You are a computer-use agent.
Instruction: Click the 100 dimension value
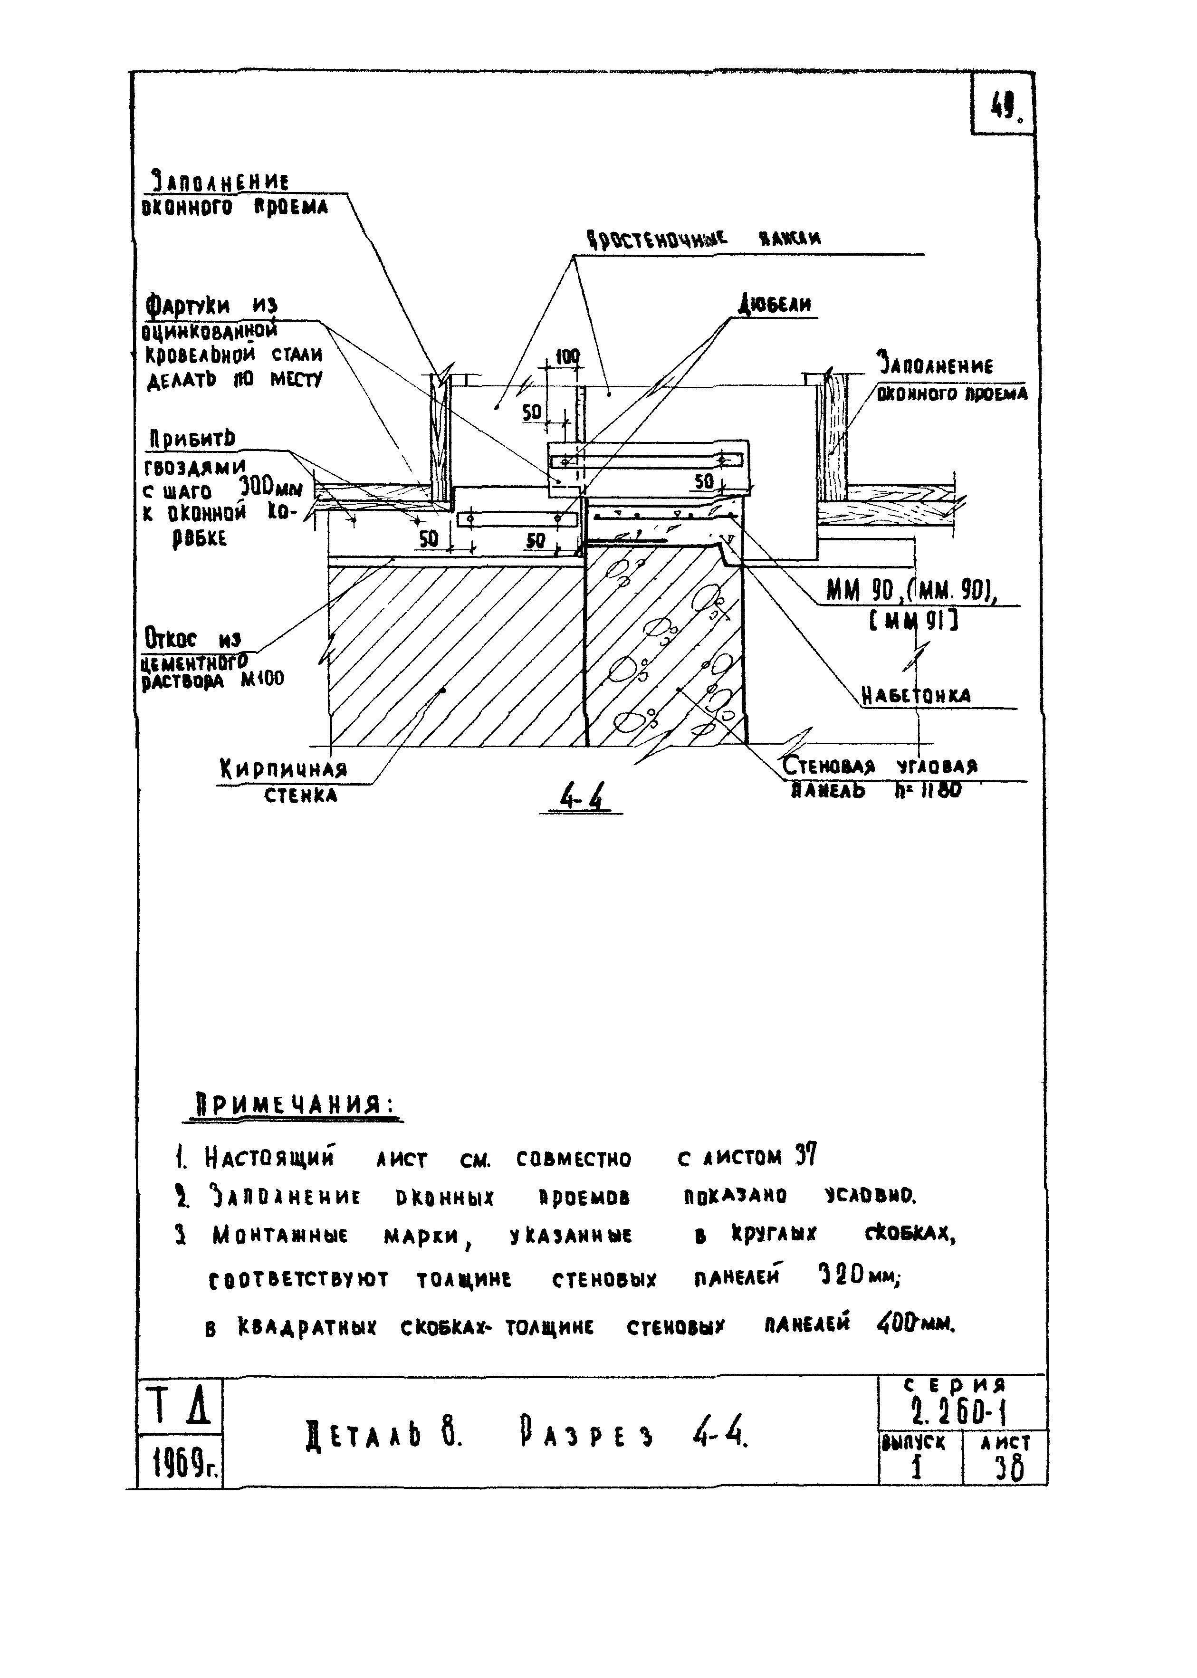566,357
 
